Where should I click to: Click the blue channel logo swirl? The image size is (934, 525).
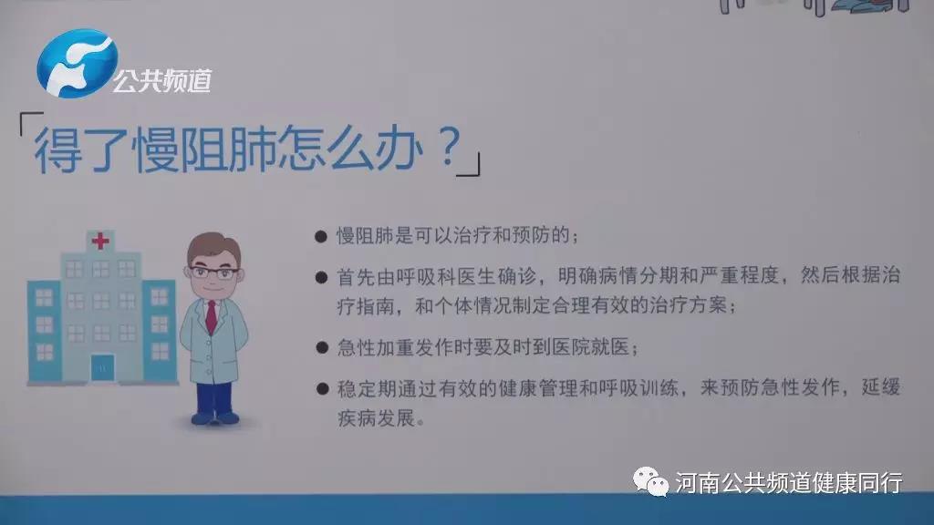point(77,63)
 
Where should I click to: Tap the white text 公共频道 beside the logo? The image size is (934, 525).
point(161,81)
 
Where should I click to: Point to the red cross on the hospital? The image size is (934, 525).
point(100,241)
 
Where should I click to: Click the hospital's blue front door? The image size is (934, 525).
point(102,367)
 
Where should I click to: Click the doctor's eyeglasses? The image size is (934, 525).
point(213,273)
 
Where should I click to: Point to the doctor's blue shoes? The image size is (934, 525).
point(215,417)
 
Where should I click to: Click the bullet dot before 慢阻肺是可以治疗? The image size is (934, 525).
point(321,237)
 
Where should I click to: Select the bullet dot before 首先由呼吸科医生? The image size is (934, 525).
point(322,277)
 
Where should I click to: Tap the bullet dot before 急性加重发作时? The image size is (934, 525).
point(322,347)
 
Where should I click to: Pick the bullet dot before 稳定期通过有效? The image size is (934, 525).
point(323,389)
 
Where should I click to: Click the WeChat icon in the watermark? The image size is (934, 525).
point(650,481)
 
